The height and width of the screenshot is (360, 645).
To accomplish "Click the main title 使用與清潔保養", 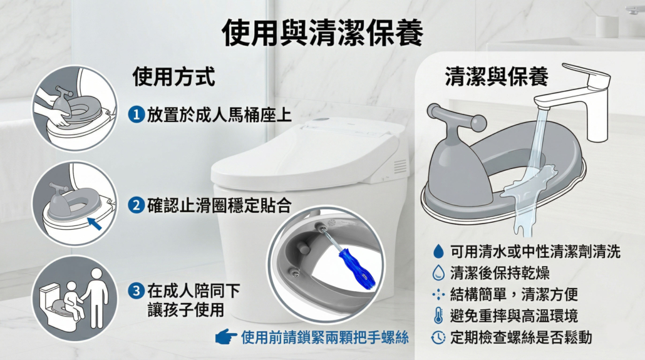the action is click(x=322, y=33).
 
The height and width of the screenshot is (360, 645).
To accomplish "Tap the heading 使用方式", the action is click(x=173, y=76).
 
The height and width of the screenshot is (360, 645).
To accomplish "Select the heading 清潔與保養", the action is click(x=497, y=76).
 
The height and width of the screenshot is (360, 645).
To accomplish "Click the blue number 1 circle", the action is click(x=136, y=115).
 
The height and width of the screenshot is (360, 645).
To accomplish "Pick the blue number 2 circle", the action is click(x=136, y=205).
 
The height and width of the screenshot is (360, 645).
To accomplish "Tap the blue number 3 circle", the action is click(x=136, y=291).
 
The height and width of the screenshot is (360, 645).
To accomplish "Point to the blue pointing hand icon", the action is click(x=226, y=337).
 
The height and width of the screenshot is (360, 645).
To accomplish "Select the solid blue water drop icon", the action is click(x=438, y=251).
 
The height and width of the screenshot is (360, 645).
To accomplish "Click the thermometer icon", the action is click(x=438, y=316).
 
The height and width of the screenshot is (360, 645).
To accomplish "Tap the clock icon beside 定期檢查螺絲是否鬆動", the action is click(x=438, y=337).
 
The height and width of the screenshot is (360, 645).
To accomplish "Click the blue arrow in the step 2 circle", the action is click(x=95, y=224).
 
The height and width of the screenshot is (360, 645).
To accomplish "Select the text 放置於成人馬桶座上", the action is click(x=219, y=115).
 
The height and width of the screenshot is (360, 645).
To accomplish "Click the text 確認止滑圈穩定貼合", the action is click(x=219, y=205).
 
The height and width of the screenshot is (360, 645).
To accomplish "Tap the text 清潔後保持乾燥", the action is click(x=500, y=272).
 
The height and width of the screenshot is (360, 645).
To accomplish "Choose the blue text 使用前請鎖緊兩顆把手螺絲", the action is click(x=325, y=337).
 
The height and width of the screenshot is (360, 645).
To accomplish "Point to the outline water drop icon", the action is click(x=438, y=272).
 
